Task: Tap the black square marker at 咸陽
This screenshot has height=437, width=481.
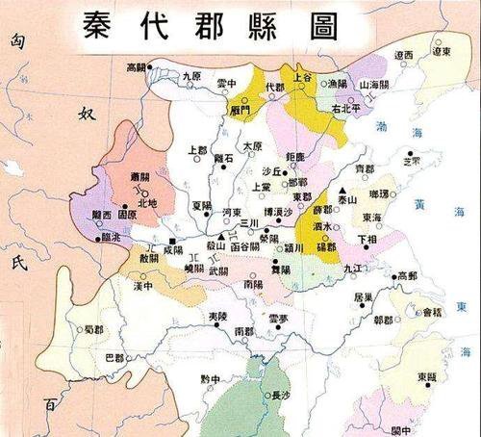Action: (x=172, y=239)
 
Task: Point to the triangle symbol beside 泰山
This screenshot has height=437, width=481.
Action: (x=342, y=190)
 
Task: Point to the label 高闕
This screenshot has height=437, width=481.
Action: (x=140, y=67)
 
